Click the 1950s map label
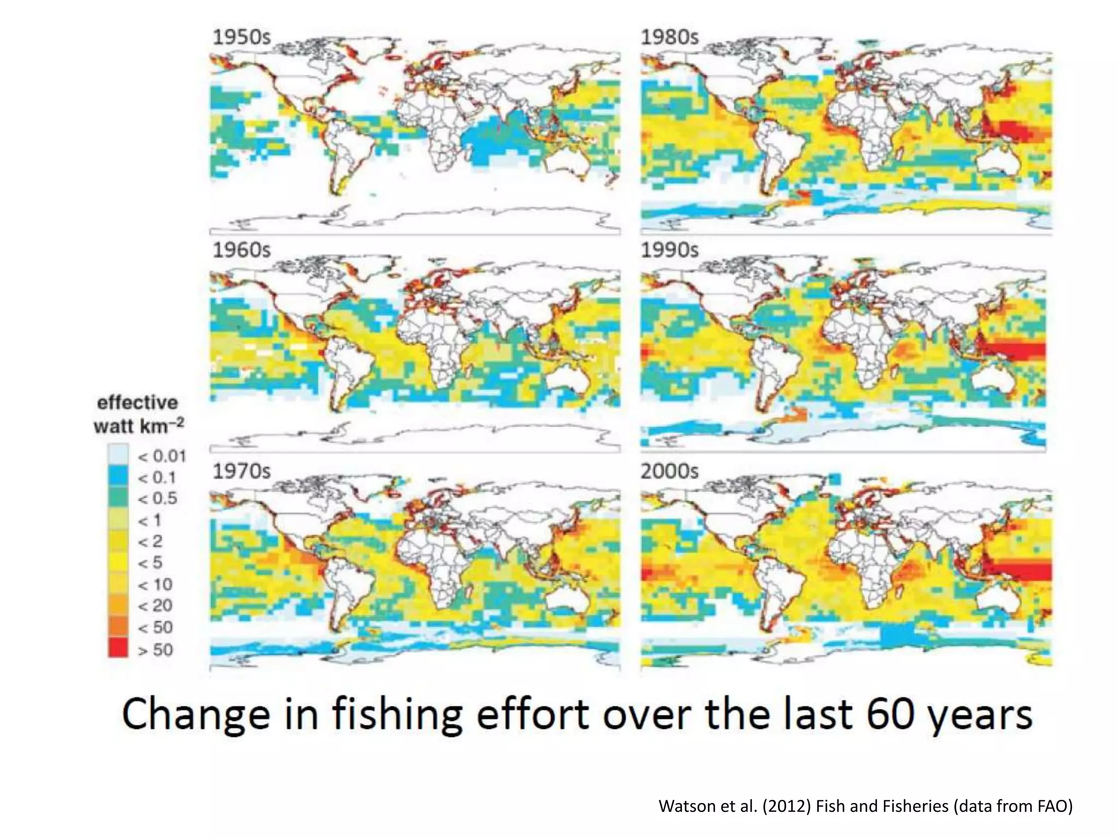click(x=241, y=37)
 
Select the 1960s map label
click(x=241, y=250)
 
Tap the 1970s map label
click(x=241, y=471)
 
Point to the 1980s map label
click(x=669, y=37)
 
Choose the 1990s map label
click(x=669, y=250)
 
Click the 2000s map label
click(x=669, y=471)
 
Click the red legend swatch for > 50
click(x=118, y=648)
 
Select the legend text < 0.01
click(x=162, y=456)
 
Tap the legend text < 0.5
click(x=157, y=499)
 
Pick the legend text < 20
click(x=155, y=606)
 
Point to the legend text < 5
click(x=150, y=562)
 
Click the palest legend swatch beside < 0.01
click(x=118, y=454)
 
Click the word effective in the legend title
click(x=138, y=403)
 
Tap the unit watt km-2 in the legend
click(x=138, y=426)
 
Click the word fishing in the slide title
click(x=398, y=715)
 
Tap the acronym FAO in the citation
click(x=1052, y=806)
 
